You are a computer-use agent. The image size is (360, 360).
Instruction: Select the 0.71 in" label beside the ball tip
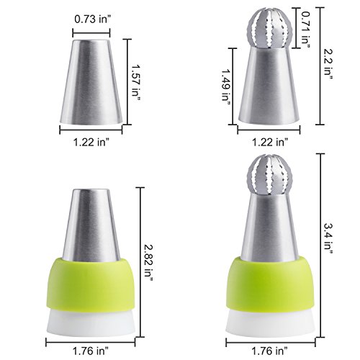click(305, 28)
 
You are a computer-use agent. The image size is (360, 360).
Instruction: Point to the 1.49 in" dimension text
click(226, 88)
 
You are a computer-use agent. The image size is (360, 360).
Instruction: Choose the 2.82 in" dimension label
click(148, 263)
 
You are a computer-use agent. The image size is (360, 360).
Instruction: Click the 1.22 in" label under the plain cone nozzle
click(91, 143)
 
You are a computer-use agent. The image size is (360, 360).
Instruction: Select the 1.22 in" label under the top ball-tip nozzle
click(270, 143)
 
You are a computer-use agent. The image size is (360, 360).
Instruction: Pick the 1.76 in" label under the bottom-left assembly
click(91, 351)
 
